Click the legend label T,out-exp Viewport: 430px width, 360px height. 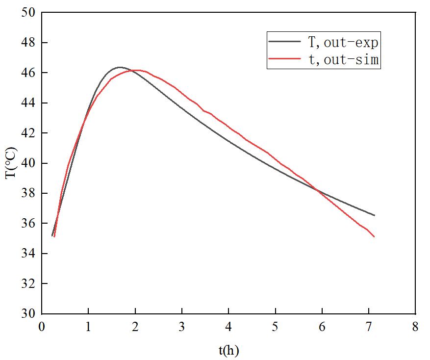click(x=343, y=43)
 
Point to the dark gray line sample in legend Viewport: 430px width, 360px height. click(x=284, y=43)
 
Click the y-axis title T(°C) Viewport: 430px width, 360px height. click(x=11, y=163)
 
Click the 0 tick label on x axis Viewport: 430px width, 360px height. click(x=41, y=327)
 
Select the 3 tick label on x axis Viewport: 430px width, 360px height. click(x=182, y=327)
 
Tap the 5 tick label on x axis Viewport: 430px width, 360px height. click(x=276, y=327)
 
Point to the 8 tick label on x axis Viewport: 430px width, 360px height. click(x=416, y=327)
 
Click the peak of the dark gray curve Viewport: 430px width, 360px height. click(x=120, y=67)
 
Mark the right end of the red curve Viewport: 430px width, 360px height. click(x=374, y=237)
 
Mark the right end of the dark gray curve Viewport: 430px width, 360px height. click(x=374, y=215)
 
